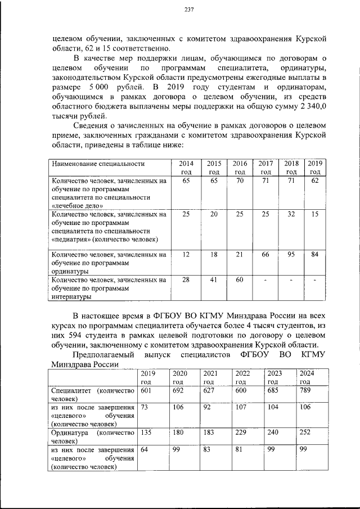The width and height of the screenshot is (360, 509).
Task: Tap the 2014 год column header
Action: tap(186, 168)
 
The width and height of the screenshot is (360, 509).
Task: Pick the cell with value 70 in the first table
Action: tap(240, 181)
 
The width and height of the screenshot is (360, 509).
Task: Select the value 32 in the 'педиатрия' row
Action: tap(291, 214)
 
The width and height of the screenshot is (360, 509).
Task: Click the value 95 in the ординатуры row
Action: tap(291, 254)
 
